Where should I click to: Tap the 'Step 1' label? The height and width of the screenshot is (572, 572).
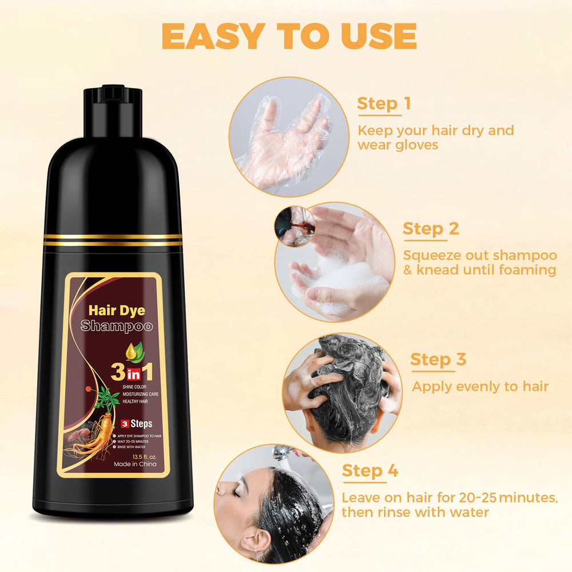point(384,103)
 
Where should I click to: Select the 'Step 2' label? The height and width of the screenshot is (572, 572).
point(431,229)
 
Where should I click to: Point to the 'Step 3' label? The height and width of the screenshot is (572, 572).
point(438,359)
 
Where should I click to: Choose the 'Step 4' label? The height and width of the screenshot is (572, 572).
point(370,471)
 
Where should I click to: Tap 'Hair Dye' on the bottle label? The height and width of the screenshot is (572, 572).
point(117,311)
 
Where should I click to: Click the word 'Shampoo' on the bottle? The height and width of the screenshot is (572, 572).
point(116,326)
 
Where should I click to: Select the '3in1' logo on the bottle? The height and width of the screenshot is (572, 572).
point(132,372)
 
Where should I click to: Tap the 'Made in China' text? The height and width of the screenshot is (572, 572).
point(135,464)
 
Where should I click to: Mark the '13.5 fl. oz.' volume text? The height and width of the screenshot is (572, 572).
point(145,456)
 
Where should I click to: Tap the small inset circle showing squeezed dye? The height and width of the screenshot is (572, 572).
point(295,226)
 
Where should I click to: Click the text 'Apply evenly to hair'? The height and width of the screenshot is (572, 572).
point(480,386)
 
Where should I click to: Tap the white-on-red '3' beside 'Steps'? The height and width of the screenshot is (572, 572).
point(125,424)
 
